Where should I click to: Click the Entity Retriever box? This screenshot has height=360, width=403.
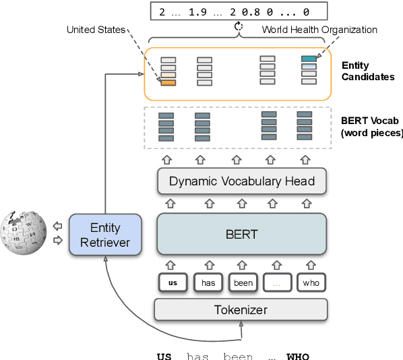(x=105, y=235)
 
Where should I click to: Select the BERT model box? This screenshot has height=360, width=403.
(x=241, y=235)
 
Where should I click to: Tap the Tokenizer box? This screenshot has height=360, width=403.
(x=241, y=309)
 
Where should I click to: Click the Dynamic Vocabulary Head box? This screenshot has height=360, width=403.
(x=241, y=181)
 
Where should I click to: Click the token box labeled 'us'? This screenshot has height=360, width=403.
(x=173, y=282)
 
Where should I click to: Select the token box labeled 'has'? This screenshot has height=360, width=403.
(x=208, y=282)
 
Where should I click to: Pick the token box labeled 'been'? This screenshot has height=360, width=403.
(x=243, y=282)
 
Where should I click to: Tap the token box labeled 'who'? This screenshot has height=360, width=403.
(x=311, y=282)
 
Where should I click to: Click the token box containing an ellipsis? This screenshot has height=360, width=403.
(x=276, y=282)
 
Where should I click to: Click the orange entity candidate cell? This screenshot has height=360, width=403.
(x=168, y=82)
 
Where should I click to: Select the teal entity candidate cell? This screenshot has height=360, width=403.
(x=309, y=59)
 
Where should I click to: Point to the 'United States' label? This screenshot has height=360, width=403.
(x=96, y=29)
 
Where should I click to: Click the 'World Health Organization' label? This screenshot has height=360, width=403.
(x=319, y=30)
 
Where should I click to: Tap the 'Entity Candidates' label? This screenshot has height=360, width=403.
(x=368, y=71)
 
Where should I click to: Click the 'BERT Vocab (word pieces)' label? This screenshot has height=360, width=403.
(x=371, y=127)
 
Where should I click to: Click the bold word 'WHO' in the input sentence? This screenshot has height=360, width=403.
(x=298, y=356)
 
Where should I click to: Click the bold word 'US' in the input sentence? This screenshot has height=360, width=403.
(x=164, y=356)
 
